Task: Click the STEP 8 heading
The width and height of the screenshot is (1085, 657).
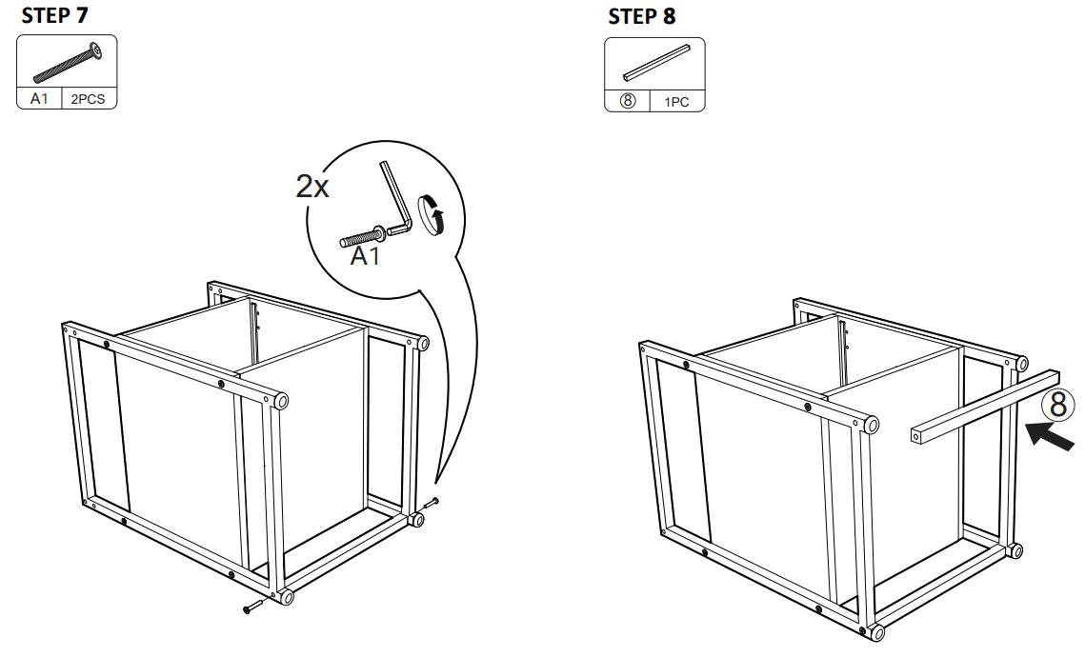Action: [642, 17]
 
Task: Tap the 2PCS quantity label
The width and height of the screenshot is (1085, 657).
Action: [88, 99]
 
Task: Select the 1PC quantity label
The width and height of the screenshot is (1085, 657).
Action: [676, 102]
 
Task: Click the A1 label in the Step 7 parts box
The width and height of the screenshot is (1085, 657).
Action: [39, 99]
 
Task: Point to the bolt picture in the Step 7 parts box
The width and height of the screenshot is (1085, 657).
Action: [67, 63]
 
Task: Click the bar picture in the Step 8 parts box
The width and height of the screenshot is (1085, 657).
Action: [654, 62]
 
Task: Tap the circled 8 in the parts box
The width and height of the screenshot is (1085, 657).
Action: [628, 102]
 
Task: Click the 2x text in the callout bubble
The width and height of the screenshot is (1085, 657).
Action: [312, 187]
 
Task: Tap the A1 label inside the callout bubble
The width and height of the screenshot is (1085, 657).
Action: [365, 256]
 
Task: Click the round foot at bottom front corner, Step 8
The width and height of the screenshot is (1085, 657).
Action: [874, 631]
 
